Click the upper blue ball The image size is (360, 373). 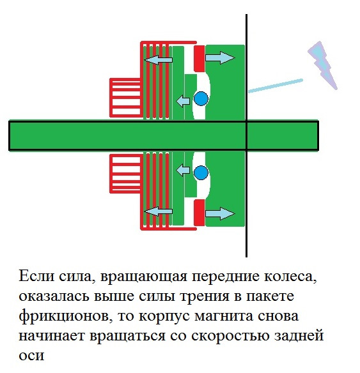[x=201, y=99]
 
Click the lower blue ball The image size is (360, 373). [x=201, y=173]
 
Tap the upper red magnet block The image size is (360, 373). [x=200, y=59]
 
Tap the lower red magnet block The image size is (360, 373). [x=200, y=213]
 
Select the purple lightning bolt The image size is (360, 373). [x=323, y=65]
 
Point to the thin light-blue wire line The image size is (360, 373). [x=276, y=86]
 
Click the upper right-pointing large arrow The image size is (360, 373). [x=220, y=57]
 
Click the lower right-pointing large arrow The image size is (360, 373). [x=220, y=213]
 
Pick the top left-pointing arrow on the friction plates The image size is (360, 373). [x=159, y=59]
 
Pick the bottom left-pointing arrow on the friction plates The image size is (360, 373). [x=159, y=211]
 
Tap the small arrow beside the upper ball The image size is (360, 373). [x=183, y=101]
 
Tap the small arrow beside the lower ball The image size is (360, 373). [x=183, y=171]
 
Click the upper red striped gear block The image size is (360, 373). [x=126, y=98]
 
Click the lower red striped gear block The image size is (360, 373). [x=126, y=174]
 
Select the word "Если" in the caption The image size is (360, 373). [x=36, y=277]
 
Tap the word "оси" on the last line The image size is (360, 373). [x=31, y=356]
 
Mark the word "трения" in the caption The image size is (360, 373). [x=205, y=296]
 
